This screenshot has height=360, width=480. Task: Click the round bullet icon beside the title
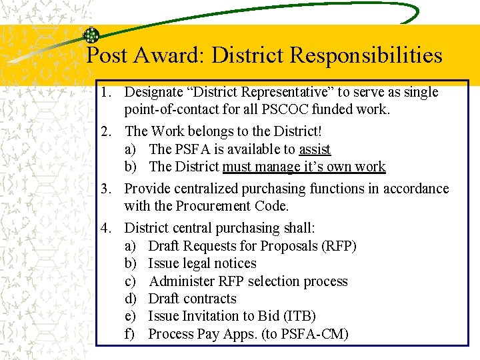pos(91,36)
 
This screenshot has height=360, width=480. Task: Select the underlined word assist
pos(315,149)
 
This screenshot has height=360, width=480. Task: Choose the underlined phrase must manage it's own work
pos(304,167)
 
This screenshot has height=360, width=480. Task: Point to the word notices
pos(233,263)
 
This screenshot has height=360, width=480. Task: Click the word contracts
pos(211,299)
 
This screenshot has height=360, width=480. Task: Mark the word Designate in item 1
pos(155,92)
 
